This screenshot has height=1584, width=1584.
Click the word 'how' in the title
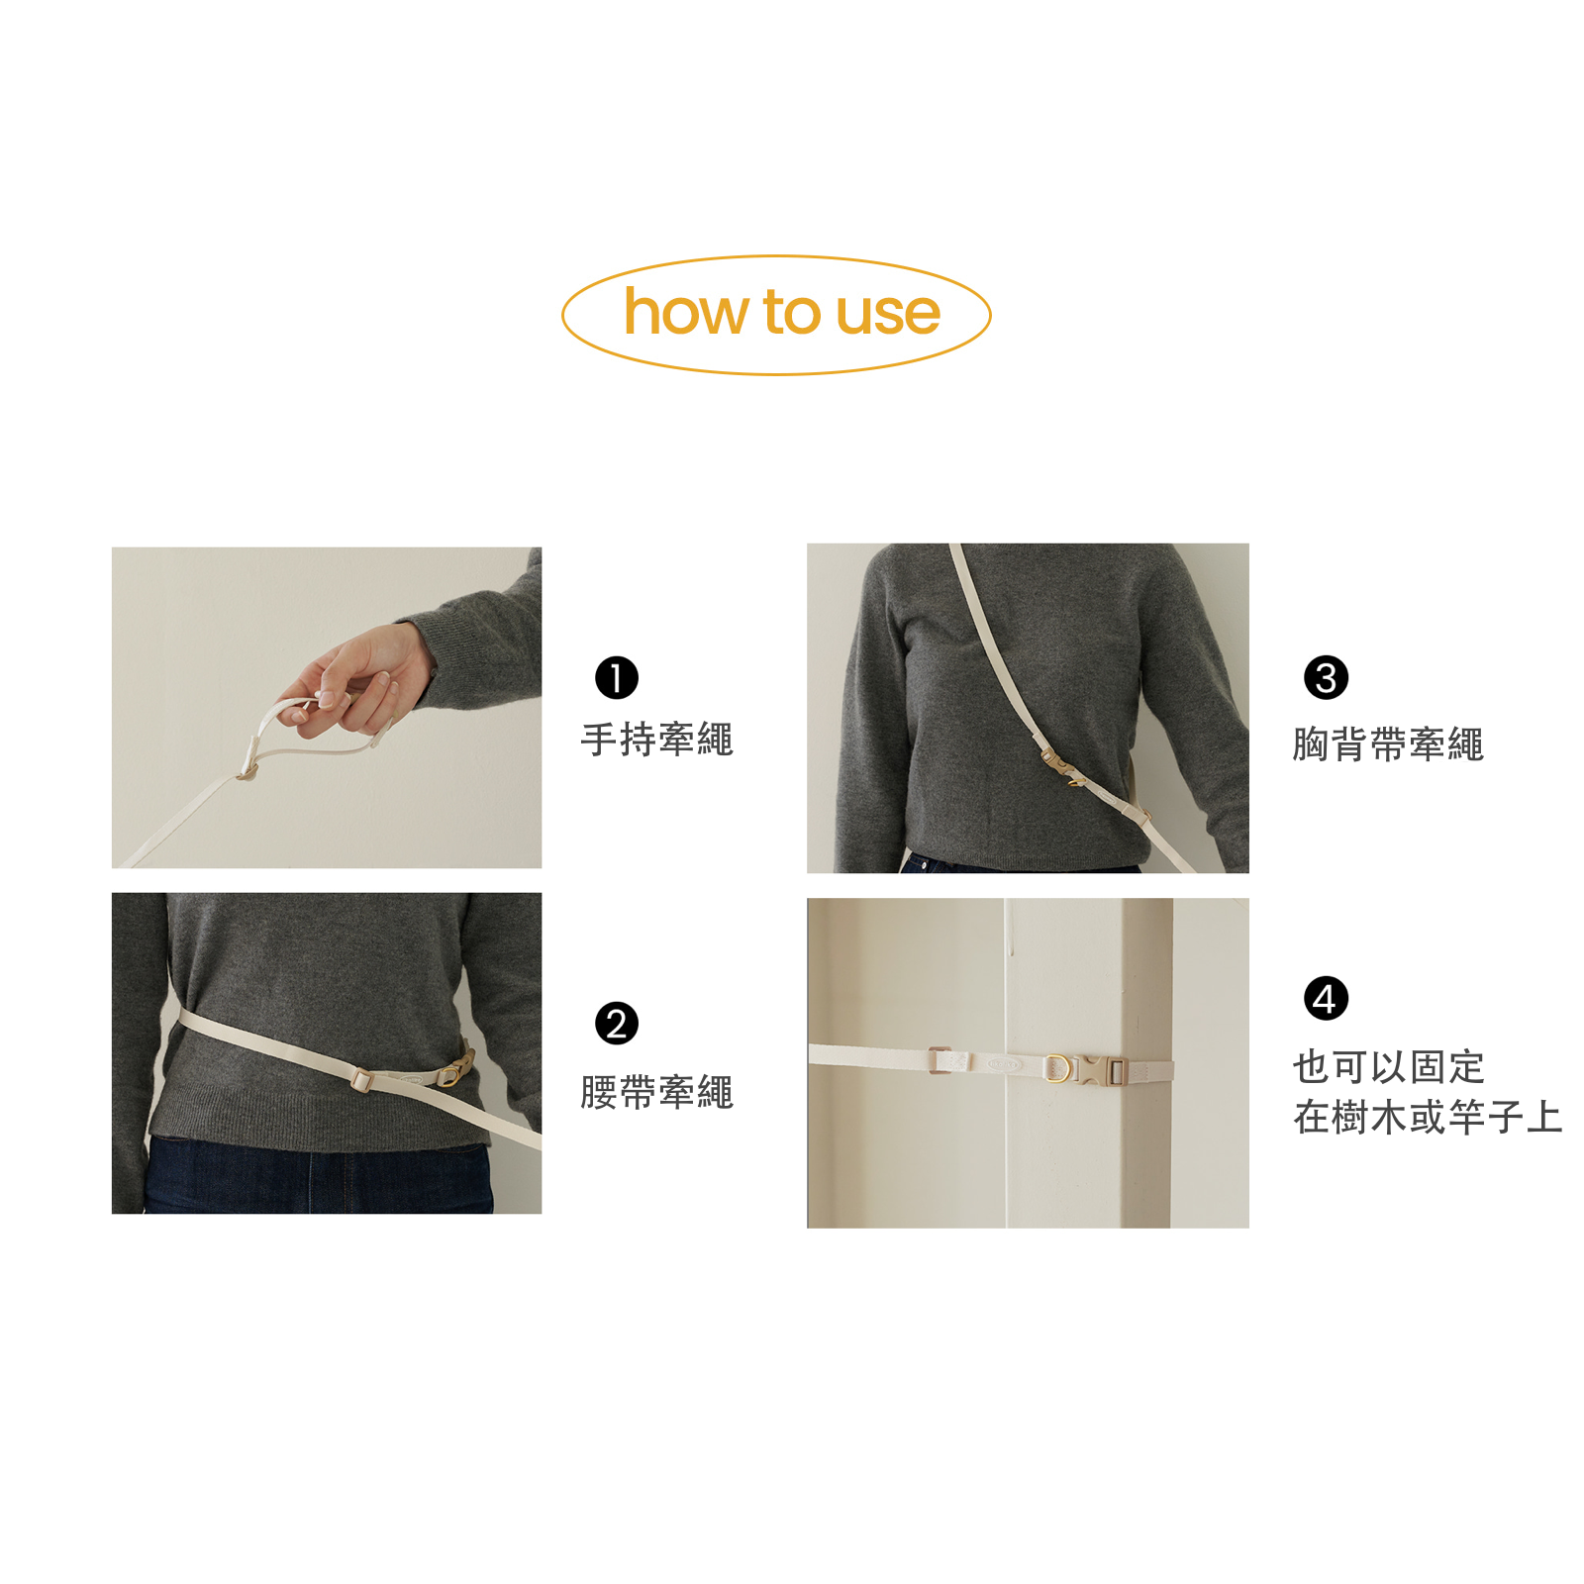coord(686,313)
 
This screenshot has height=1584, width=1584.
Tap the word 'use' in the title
coord(888,314)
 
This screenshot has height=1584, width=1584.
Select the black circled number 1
coord(616,678)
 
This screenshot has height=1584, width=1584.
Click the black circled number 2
coord(616,1024)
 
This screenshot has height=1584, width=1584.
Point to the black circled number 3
coord(1326,678)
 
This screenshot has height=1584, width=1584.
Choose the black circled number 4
coord(1326,998)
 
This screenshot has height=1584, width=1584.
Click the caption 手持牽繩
coord(657,740)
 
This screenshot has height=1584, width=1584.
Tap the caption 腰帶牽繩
coord(657,1092)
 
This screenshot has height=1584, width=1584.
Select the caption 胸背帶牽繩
coord(1388,744)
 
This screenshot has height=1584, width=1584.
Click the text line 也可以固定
coord(1389,1066)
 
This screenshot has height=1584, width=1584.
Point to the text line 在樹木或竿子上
coord(1428,1117)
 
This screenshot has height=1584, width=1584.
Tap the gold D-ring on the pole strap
coord(1057,1068)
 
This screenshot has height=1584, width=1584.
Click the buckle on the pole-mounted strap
coord(1101,1070)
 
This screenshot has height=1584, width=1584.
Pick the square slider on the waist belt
coord(361,1078)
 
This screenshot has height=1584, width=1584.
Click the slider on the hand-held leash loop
coord(247,769)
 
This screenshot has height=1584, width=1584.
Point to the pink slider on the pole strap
coord(940,1060)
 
